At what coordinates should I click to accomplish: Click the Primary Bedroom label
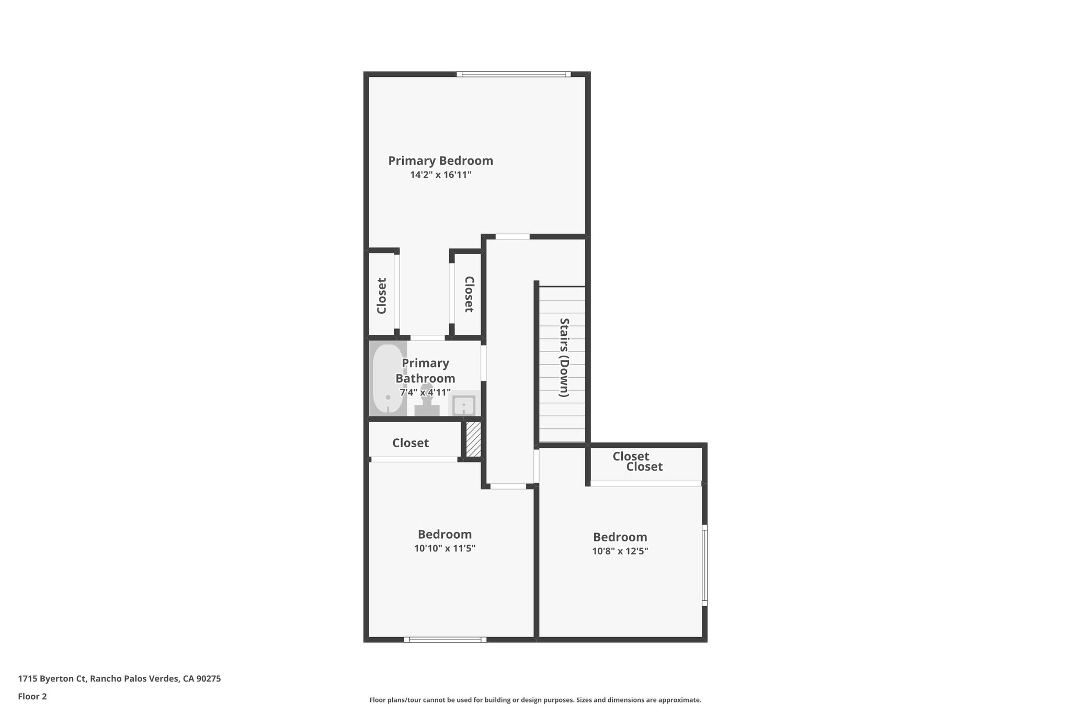(x=440, y=161)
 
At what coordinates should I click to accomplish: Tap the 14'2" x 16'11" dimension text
(x=440, y=175)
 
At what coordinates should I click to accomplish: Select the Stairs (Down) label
(x=564, y=357)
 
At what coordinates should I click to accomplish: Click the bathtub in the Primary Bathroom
(x=388, y=379)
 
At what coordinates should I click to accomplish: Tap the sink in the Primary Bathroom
(x=463, y=404)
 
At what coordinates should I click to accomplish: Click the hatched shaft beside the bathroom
(x=473, y=439)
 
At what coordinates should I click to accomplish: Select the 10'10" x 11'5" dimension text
(x=445, y=548)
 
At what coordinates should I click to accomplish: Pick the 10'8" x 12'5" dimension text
(x=620, y=551)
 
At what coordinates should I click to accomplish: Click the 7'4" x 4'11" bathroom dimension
(x=425, y=392)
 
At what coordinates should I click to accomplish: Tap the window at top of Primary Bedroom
(x=513, y=74)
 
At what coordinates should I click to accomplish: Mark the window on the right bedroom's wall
(x=704, y=565)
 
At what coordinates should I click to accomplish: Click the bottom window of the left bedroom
(x=445, y=639)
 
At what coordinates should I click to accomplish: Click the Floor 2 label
(x=32, y=696)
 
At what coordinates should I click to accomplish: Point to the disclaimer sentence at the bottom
(x=535, y=700)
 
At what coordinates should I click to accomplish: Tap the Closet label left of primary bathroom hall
(x=382, y=296)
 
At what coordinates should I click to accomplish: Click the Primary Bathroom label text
(x=425, y=370)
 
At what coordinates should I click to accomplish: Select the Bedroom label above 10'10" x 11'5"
(x=445, y=534)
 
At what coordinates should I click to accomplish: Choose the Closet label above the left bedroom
(x=411, y=443)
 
